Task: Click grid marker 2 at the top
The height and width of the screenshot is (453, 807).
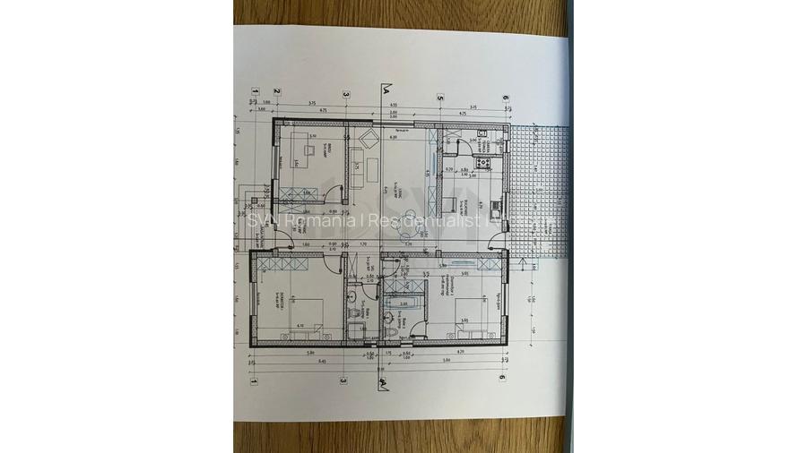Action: (278, 91)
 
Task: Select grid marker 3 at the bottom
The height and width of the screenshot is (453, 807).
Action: (343, 379)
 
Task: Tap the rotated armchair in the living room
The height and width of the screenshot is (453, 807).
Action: (368, 141)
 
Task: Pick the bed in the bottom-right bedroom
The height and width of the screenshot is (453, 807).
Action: (467, 322)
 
